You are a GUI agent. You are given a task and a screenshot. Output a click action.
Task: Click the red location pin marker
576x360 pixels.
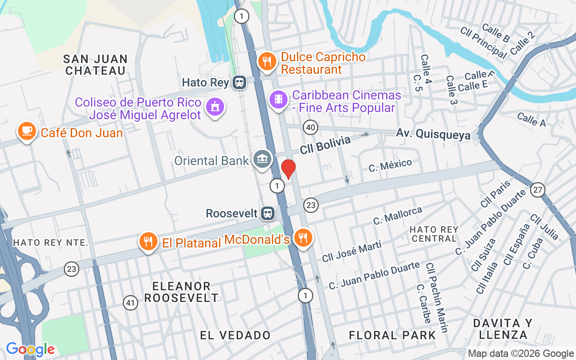tap(288, 169)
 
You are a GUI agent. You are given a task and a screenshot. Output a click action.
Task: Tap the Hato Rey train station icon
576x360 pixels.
tap(239, 82)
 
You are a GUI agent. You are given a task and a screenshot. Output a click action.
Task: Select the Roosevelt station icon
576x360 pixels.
tap(268, 213)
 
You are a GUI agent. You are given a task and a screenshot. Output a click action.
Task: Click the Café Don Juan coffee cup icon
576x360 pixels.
tap(27, 130)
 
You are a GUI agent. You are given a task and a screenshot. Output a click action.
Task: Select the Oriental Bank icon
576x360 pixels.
tap(262, 158)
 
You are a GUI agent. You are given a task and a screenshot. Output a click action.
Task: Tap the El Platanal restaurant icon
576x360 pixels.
tap(148, 241)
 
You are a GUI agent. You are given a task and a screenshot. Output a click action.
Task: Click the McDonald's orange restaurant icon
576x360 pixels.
tap(303, 237)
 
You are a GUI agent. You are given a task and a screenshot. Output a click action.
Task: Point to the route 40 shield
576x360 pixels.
tap(310, 127)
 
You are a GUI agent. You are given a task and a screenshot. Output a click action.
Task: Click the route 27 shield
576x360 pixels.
tap(537, 189)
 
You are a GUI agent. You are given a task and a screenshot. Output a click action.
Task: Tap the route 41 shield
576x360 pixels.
tap(130, 303)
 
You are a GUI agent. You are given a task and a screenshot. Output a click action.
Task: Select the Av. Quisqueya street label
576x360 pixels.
tap(433, 134)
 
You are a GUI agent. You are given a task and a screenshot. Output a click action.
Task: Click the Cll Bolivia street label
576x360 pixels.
tap(325, 145)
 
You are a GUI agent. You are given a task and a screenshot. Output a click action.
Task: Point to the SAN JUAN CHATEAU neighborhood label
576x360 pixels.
tap(95, 65)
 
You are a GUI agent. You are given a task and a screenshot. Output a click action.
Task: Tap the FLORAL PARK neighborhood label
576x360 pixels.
tap(392, 335)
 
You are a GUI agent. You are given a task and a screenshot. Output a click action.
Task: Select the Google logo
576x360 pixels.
tap(30, 349)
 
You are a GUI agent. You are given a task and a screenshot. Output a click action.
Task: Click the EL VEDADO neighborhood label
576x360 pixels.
tap(235, 335)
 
